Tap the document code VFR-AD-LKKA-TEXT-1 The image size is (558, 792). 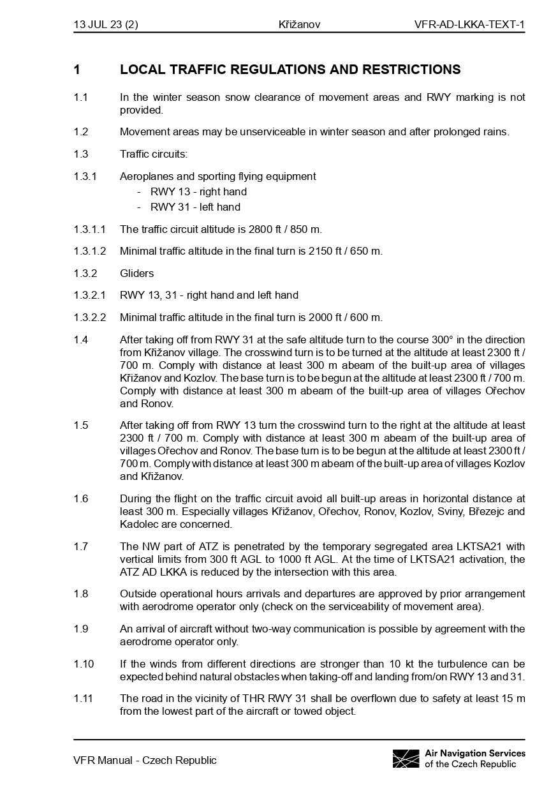[x=469, y=25]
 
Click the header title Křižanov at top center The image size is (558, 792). [x=299, y=25]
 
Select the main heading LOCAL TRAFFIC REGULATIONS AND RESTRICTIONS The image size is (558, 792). [x=290, y=70]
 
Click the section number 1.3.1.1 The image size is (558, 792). [x=90, y=229]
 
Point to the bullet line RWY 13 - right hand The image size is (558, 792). [x=198, y=191]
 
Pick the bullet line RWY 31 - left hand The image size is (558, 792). [x=195, y=207]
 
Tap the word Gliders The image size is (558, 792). [x=136, y=273]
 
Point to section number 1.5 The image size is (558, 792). [x=81, y=425]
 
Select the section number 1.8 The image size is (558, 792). [x=81, y=594]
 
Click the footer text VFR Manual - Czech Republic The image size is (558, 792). [x=145, y=760]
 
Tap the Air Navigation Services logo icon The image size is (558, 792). [x=406, y=759]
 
